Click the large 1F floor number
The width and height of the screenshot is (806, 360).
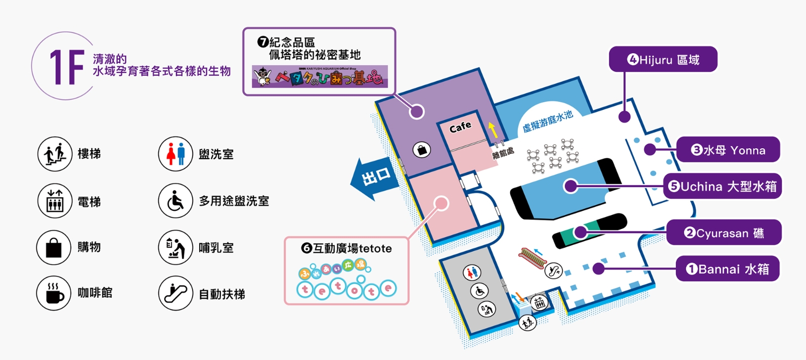[66, 67]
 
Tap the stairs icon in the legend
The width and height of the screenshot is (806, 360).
[55, 154]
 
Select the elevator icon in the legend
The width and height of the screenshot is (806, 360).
[55, 201]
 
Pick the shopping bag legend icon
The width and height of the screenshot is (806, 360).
[54, 247]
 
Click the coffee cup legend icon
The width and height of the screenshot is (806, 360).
[54, 293]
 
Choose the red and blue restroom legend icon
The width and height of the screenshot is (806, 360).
[175, 154]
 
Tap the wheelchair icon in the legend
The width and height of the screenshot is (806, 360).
[175, 201]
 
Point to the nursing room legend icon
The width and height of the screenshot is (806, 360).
[175, 247]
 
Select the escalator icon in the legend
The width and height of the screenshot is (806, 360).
[175, 293]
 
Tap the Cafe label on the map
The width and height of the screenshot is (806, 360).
[460, 127]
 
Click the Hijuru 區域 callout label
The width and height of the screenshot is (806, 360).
[663, 60]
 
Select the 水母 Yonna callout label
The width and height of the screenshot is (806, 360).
[728, 150]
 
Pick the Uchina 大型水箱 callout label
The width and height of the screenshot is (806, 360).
[723, 187]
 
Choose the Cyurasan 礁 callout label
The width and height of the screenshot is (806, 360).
[724, 233]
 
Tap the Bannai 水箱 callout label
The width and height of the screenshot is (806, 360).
[728, 269]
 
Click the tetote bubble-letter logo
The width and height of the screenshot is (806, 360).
[346, 289]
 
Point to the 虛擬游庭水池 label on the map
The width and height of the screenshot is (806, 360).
[548, 121]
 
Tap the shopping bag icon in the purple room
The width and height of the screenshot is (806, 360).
[422, 150]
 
